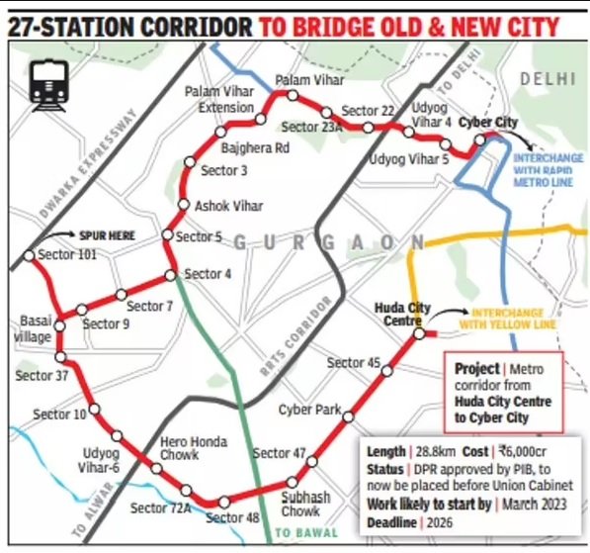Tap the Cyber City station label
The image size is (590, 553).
click(492, 122)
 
